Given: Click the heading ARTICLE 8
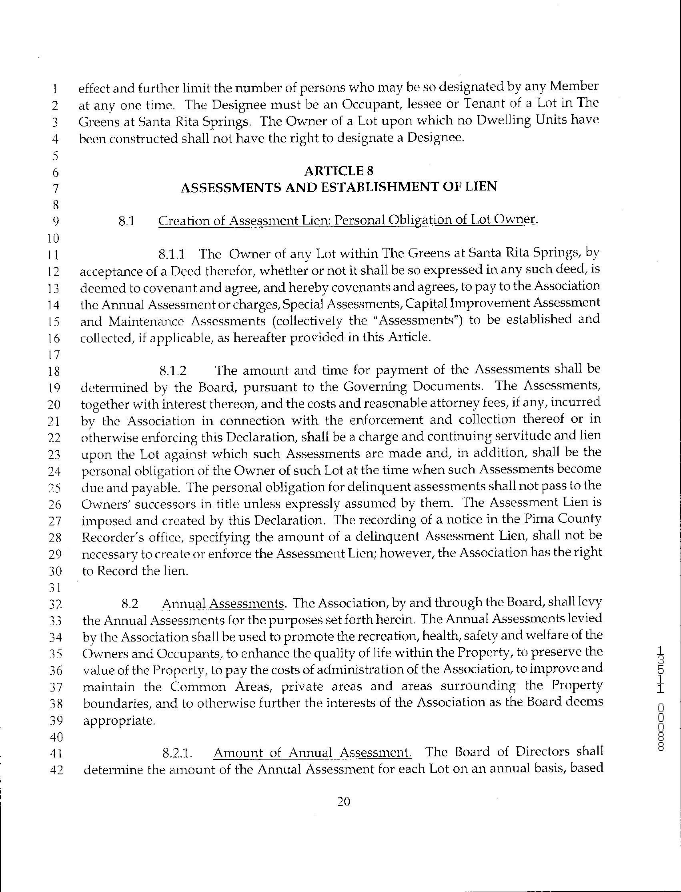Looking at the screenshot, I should [x=338, y=171].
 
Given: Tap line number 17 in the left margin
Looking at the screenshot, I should [x=54, y=355].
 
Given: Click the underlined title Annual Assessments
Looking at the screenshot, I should [x=222, y=604].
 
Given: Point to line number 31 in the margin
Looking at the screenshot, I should [x=55, y=587].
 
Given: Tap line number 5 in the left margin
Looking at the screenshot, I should [x=56, y=156].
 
